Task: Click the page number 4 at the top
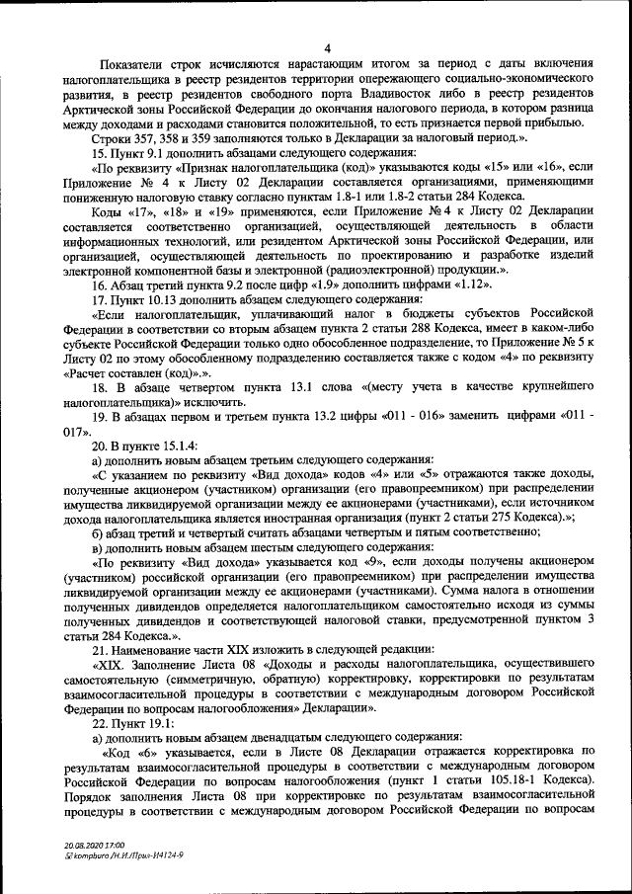[x=326, y=49]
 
